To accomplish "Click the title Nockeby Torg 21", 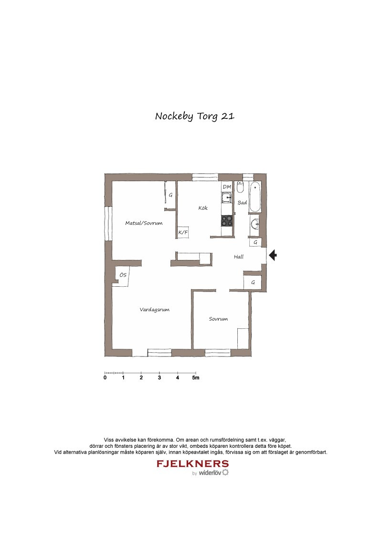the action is click(x=195, y=116).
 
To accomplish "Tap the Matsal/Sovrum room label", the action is click(x=144, y=223).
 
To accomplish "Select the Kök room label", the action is click(x=203, y=208).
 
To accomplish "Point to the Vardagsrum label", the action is click(x=154, y=310).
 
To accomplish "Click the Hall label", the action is click(x=239, y=257).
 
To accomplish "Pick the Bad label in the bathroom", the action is click(x=243, y=203).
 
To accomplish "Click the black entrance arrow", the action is click(x=273, y=255).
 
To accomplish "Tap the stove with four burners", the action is click(x=227, y=220).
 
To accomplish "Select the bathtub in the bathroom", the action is click(x=255, y=197).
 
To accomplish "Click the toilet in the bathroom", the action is click(x=240, y=187).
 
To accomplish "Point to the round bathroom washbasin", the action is click(x=255, y=224).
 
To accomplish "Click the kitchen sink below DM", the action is click(x=227, y=198).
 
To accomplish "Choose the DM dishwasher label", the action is click(x=227, y=187).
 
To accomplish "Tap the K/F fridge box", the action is click(x=183, y=232).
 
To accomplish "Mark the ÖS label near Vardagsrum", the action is click(x=123, y=275).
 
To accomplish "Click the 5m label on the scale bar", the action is click(x=196, y=378).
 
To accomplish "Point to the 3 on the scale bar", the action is click(x=159, y=378).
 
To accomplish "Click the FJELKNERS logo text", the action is click(x=193, y=464).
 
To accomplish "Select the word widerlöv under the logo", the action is click(x=210, y=473).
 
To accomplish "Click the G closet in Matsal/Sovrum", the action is click(x=170, y=195).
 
